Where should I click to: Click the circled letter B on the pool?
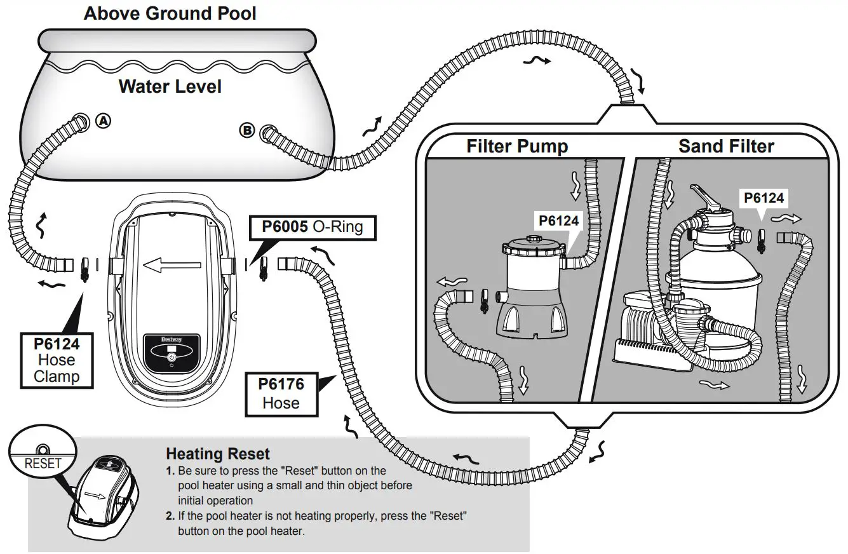[246, 130]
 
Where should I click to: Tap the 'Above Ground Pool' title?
[170, 13]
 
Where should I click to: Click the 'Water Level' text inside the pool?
[170, 86]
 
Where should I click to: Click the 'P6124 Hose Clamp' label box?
[57, 360]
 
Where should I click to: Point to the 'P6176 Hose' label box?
[281, 393]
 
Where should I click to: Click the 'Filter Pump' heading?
[517, 146]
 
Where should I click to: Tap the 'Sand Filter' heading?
[726, 146]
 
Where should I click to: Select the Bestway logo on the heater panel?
[171, 340]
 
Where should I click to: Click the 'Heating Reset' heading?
[217, 454]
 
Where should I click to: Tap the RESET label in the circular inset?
[43, 463]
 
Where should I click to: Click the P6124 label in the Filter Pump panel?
[558, 220]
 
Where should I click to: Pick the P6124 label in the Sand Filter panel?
[764, 198]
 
